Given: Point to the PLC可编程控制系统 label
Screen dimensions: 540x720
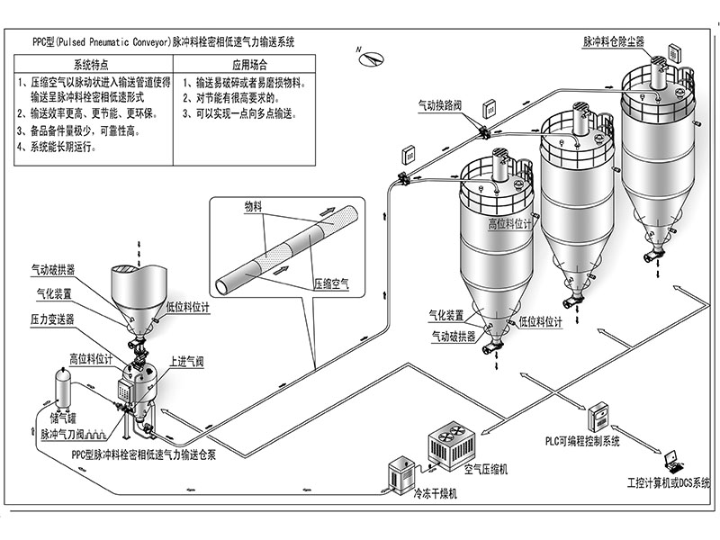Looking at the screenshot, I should [x=582, y=442].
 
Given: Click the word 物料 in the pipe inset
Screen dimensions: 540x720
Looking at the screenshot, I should [x=253, y=206].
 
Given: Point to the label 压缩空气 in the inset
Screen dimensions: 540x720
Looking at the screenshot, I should [x=331, y=283].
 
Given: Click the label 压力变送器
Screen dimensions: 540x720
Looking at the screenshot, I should [x=53, y=319].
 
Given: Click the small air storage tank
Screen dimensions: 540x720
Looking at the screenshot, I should [x=63, y=386].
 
